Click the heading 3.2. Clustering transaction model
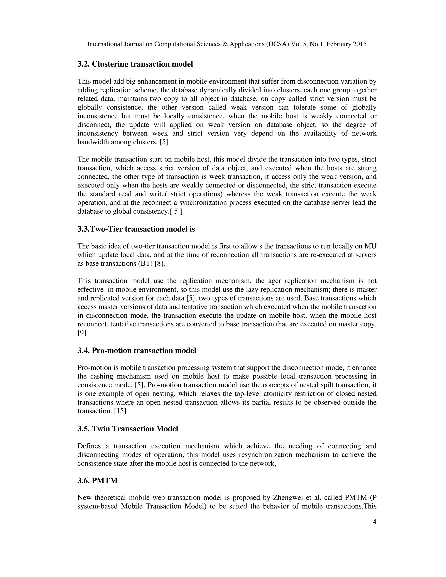(135, 64)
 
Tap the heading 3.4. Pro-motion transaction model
(137, 351)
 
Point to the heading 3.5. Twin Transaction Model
(128, 429)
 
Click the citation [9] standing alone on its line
(82, 333)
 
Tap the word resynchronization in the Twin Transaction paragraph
(265, 455)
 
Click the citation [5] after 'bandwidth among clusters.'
(164, 142)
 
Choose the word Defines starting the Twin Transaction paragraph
(89, 446)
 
